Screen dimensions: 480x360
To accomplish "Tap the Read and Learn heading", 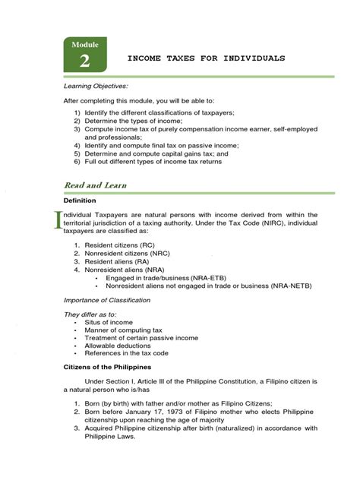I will pyautogui.click(x=95, y=185).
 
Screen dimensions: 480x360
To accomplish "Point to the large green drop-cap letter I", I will pyautogui.click(x=54, y=224).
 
